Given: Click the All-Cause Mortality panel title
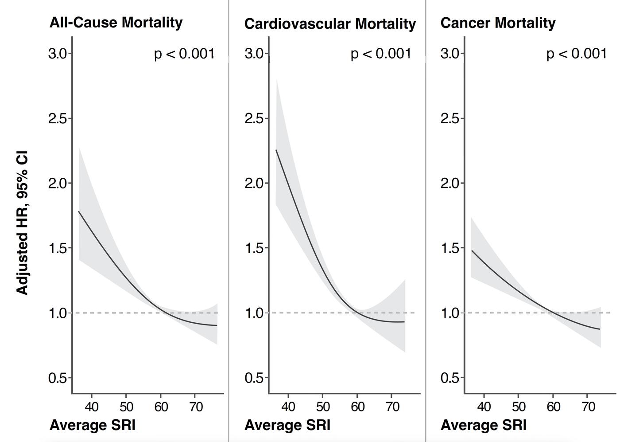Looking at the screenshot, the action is (116, 23).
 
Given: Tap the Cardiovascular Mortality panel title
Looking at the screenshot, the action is (330, 24).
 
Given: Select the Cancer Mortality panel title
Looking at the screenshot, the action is (498, 23).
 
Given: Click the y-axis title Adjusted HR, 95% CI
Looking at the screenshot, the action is (22, 223).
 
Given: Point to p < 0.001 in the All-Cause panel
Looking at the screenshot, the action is (184, 54).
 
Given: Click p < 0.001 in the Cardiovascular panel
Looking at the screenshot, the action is (381, 54).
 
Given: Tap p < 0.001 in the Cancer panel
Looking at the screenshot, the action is (577, 54).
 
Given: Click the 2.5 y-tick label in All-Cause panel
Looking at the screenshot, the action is (58, 119).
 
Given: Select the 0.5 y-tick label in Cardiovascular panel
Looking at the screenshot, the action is (254, 377).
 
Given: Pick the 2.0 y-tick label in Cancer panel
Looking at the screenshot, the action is (450, 183).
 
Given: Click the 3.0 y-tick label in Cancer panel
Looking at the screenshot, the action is (450, 54).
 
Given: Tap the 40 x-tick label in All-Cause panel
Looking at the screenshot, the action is (92, 407).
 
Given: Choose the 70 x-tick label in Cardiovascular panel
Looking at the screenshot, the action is (392, 407).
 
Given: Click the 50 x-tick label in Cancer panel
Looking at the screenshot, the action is (519, 407).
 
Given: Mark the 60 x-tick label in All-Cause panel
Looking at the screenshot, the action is (161, 407).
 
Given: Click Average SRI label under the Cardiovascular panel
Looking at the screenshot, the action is (287, 425).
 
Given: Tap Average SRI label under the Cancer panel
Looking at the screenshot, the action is (483, 425).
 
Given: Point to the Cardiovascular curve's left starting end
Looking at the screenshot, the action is (276, 150).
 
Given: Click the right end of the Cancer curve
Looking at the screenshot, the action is (600, 329).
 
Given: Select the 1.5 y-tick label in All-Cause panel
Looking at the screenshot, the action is (58, 248).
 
